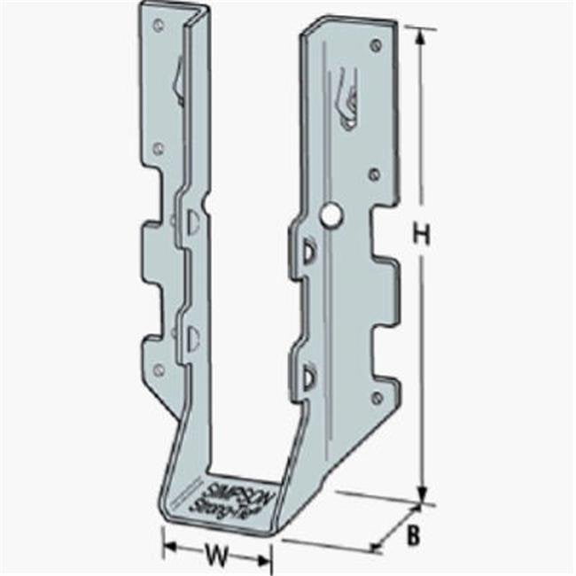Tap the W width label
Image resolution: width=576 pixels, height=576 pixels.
215,557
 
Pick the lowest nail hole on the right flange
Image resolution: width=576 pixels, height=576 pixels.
378,398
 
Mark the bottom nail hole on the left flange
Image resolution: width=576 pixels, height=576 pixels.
159,369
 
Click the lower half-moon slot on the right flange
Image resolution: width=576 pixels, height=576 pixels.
309,378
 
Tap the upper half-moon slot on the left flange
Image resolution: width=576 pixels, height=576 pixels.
191,223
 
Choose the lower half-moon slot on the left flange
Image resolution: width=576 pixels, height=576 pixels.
192,337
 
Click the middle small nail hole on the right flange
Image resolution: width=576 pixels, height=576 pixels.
374,174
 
